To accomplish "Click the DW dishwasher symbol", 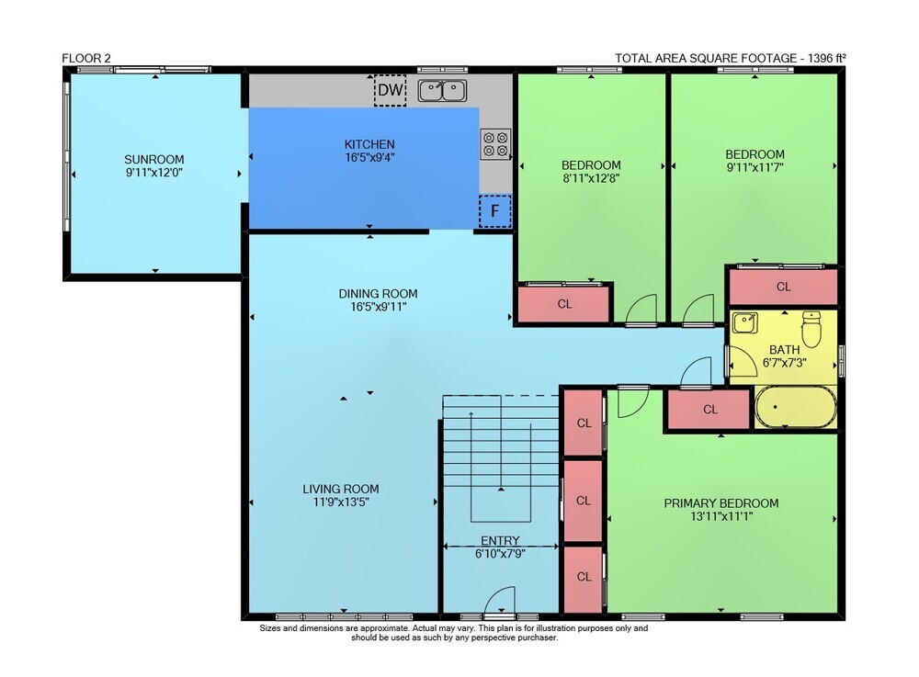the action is [x=391, y=90].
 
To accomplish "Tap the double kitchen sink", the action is [x=443, y=91].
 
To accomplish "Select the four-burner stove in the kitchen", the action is [x=495, y=144].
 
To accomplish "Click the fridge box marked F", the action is [x=495, y=211].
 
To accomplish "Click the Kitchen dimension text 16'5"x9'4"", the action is [x=369, y=157].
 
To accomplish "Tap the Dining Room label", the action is [x=378, y=293].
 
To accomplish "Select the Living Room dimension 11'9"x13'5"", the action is [x=341, y=502].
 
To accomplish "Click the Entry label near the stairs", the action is [x=500, y=540].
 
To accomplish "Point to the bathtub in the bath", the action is [x=796, y=406].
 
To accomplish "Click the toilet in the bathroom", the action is [x=811, y=329].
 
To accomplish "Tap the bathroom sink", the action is [x=745, y=322].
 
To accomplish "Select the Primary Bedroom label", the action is [x=720, y=503].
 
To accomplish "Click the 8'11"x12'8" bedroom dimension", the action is [x=591, y=178].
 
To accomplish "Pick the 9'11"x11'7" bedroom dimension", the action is [x=754, y=167].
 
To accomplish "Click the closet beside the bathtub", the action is [x=709, y=410].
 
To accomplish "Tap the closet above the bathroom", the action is [x=783, y=287].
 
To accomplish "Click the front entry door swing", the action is [x=499, y=600].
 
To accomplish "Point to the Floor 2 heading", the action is [x=86, y=58].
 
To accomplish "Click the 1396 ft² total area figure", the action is [x=826, y=58].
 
